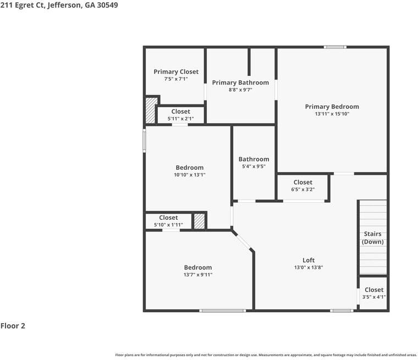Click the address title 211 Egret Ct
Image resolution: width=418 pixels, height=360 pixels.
pos(59,5)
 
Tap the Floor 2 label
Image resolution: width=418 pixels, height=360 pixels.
pos(13,326)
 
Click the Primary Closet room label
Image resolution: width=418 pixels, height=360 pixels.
pos(176,72)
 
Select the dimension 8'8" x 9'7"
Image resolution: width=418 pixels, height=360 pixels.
pos(240,90)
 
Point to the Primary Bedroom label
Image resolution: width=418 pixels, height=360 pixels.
pos(332,107)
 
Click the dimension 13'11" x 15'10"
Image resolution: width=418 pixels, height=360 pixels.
pos(332,114)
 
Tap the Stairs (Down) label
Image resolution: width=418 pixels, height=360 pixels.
pos(373,238)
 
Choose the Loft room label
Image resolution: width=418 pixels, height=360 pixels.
pos(309,260)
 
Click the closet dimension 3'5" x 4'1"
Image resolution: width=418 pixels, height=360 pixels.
pos(373,297)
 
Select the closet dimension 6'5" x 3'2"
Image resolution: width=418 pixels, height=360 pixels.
pos(302,190)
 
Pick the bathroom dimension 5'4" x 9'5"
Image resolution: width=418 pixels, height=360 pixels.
pos(254,167)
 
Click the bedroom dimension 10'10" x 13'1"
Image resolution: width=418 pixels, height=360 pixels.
pos(189,175)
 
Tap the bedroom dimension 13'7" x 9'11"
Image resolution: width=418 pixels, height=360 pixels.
pos(197,275)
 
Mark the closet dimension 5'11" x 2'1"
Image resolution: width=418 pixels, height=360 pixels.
pos(180,119)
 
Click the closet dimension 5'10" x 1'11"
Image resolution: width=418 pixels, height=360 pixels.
pos(168,225)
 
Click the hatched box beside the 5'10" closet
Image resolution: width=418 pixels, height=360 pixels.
pos(199,221)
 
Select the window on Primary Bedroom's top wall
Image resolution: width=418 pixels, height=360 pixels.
pos(334,47)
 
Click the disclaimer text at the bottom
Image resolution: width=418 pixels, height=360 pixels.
pos(266,355)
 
